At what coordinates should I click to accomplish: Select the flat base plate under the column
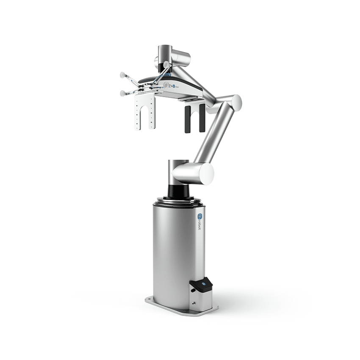pyautogui.click(x=182, y=308)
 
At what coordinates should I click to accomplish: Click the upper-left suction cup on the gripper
pyautogui.click(x=122, y=75)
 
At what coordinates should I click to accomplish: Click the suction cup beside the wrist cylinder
pyautogui.click(x=166, y=65)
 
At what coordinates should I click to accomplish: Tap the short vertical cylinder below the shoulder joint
pyautogui.click(x=174, y=169)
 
